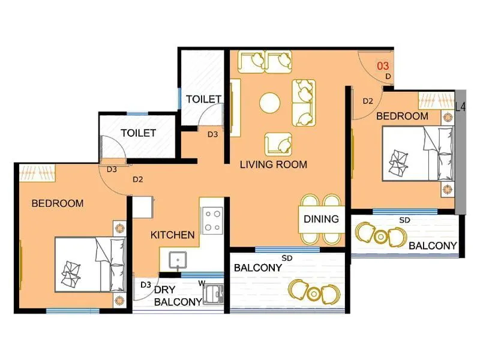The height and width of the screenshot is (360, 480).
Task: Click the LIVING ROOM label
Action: (273, 164)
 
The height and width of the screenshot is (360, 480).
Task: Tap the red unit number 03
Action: (382, 65)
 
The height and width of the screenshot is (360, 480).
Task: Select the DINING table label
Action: (321, 219)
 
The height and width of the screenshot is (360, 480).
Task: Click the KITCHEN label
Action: (172, 235)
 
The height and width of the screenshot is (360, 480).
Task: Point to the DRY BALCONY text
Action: (177, 296)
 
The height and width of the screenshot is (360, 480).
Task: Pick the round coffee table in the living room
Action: (270, 103)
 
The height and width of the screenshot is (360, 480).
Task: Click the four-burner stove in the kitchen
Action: (212, 220)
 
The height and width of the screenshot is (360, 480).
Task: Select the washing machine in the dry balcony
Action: (212, 294)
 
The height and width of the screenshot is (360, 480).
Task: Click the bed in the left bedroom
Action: (90, 265)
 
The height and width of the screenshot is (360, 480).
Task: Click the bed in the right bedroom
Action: (418, 153)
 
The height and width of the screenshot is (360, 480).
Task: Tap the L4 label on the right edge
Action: (460, 107)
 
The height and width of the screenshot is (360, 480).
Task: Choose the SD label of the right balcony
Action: (404, 220)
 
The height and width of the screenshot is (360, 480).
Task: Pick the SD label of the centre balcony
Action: (287, 258)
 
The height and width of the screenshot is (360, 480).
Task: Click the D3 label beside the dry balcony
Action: (145, 284)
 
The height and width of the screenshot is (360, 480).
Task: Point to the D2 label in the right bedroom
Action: (368, 101)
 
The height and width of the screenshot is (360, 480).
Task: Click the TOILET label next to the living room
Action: (203, 99)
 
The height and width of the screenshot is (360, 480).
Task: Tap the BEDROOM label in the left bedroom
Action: (57, 203)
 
